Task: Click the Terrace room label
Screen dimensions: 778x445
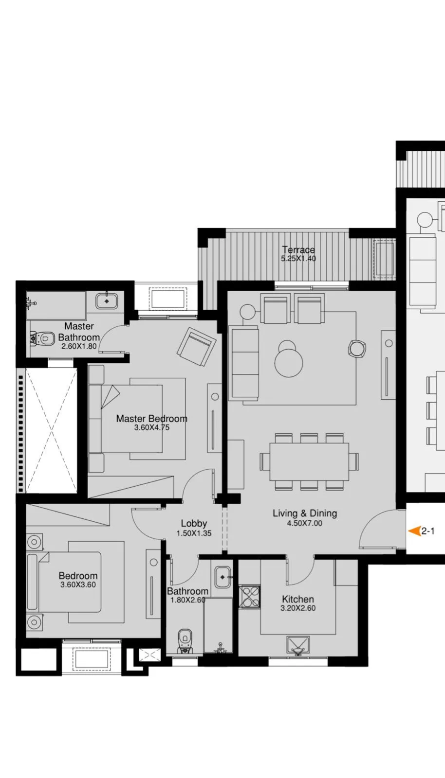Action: coord(298,250)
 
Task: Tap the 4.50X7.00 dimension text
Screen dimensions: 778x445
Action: coord(304,524)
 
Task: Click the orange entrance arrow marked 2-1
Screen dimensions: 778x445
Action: coord(414,531)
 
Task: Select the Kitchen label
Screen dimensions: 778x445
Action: coord(298,599)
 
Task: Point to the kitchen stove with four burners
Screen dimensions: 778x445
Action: coord(250,597)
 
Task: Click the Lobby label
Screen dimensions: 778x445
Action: coord(194,523)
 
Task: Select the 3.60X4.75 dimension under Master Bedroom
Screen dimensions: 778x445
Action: coord(151,428)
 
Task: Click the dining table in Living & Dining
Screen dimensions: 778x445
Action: coord(309,461)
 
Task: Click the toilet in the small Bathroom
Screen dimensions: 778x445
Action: coord(185,640)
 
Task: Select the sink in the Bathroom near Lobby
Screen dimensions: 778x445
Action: coord(222,577)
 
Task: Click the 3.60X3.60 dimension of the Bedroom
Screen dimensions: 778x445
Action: coord(78,585)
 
